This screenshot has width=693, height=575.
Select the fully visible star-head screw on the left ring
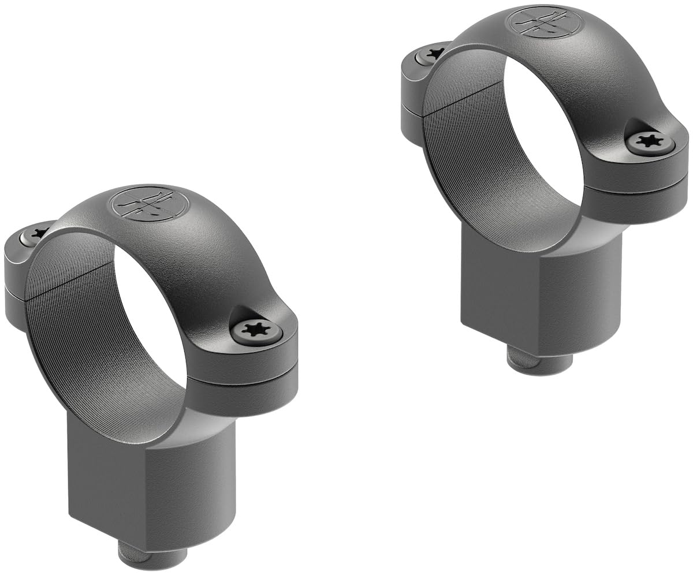(x=256, y=331)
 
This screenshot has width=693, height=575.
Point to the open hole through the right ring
(x=543, y=133)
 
